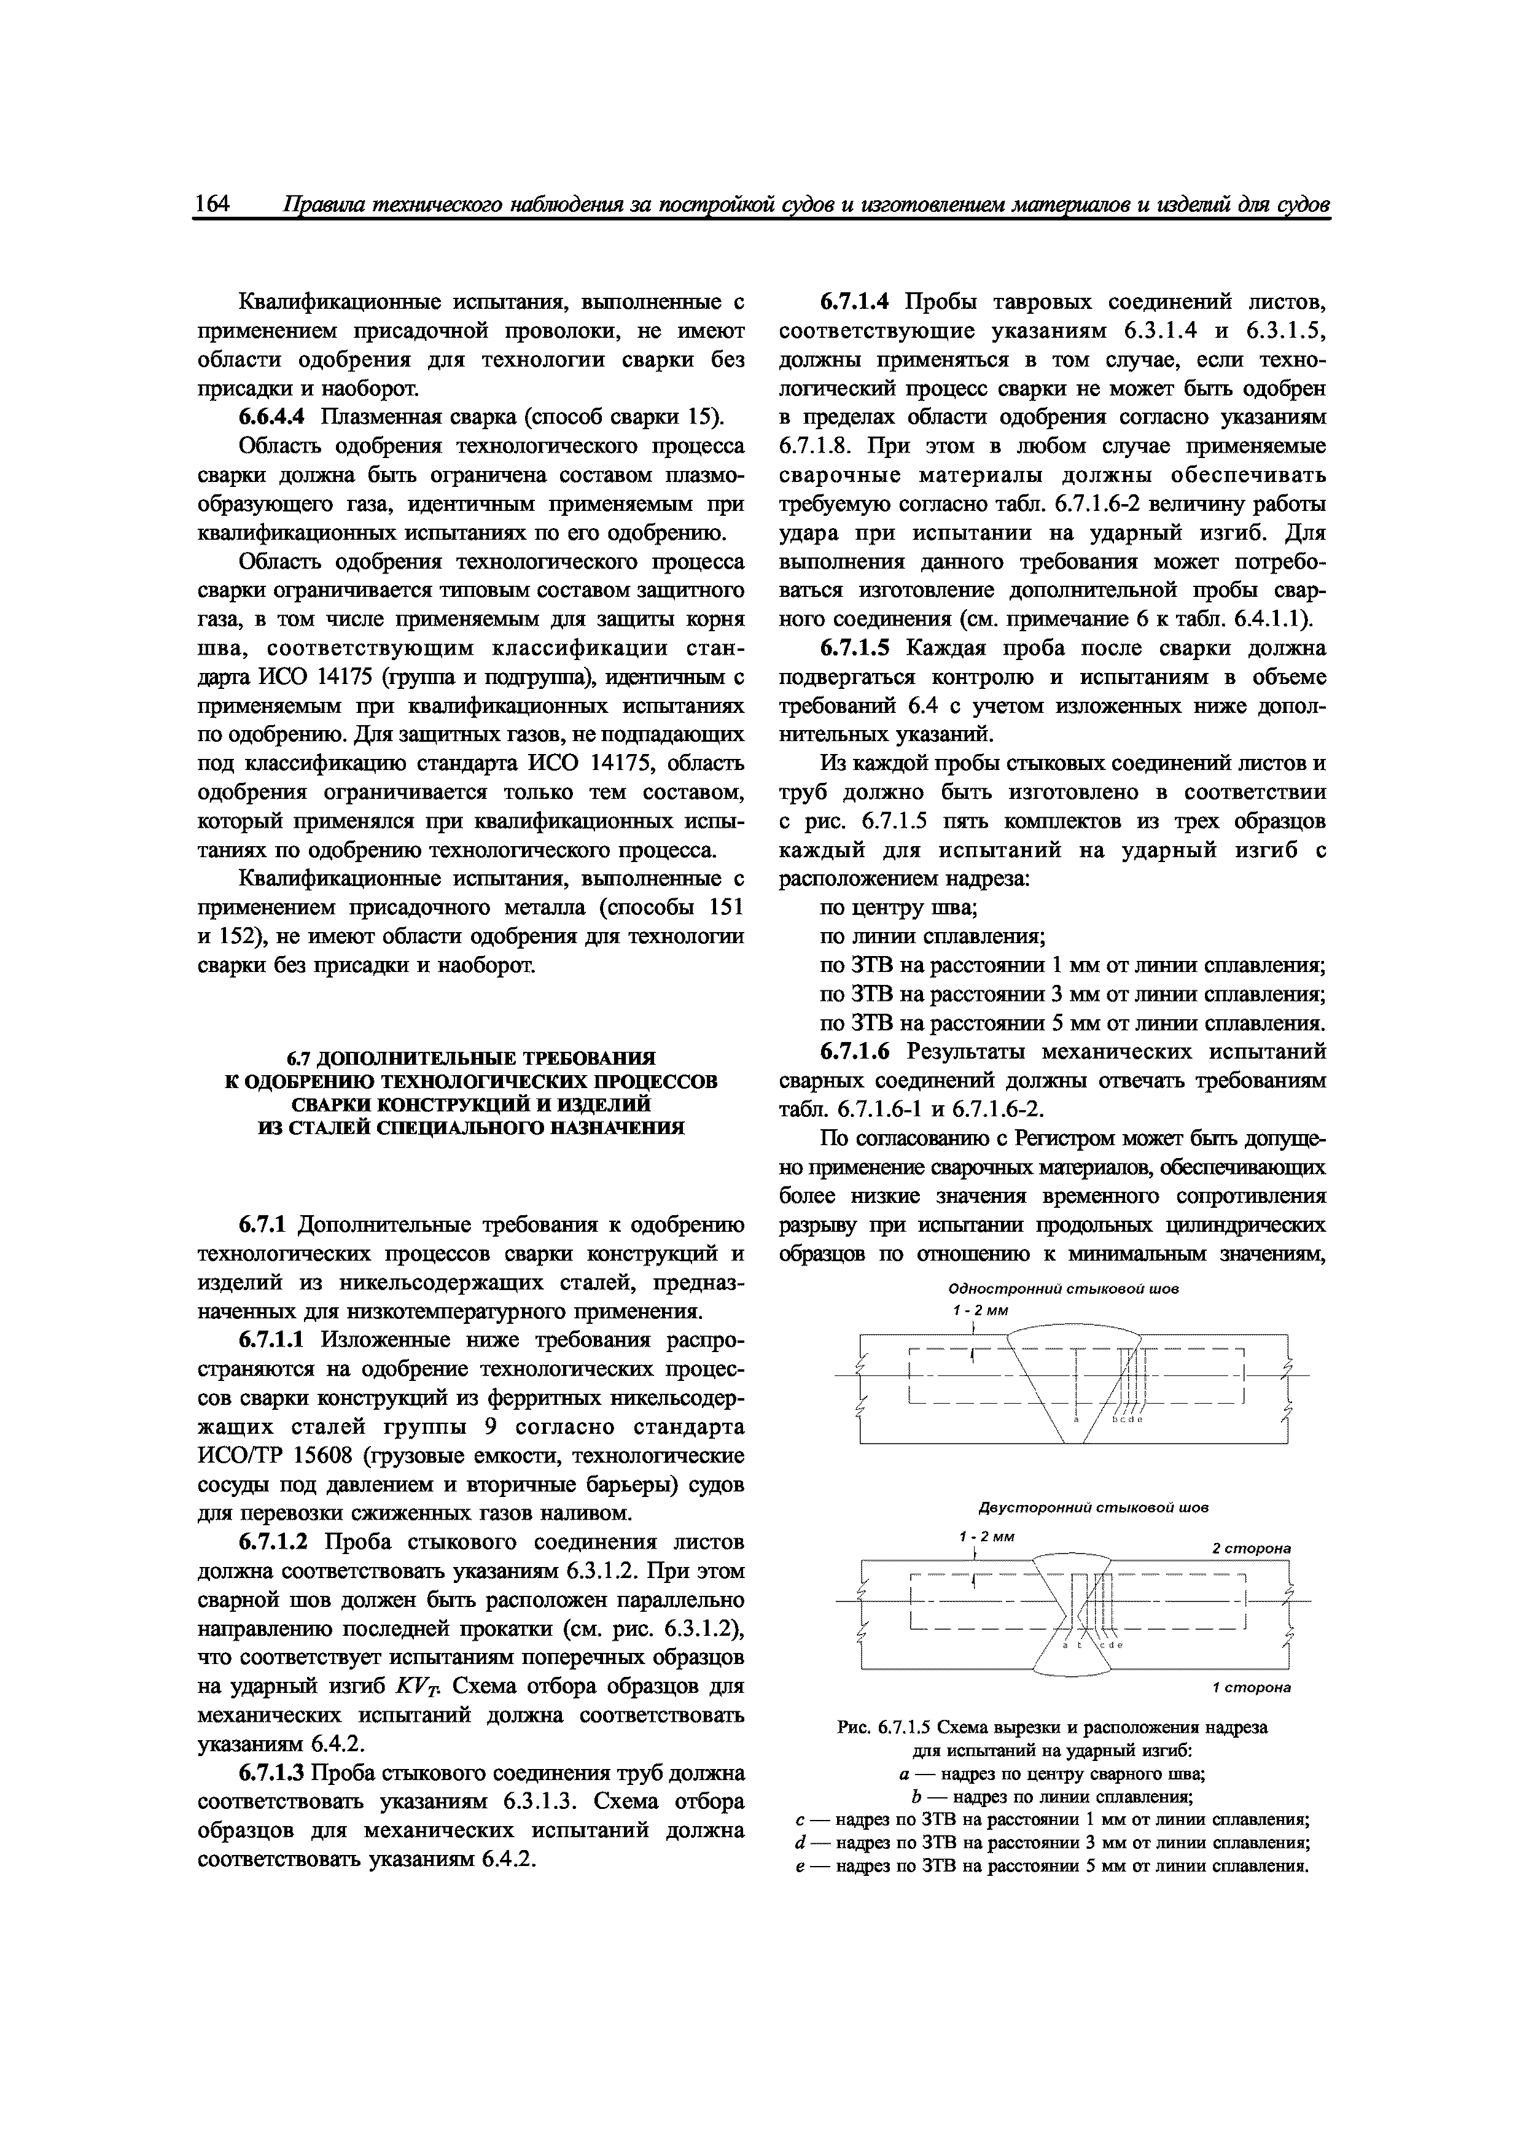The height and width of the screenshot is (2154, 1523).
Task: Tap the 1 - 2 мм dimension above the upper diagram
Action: point(980,1310)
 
